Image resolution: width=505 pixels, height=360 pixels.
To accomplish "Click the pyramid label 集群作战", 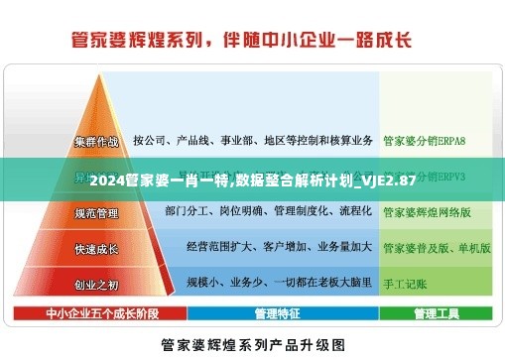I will (x=96, y=141).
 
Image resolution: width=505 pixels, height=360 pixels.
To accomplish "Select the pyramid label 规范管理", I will (x=96, y=212).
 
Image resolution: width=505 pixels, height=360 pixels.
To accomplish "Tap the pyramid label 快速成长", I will (x=96, y=248).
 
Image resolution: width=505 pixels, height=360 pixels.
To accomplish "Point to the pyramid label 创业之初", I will (x=96, y=285).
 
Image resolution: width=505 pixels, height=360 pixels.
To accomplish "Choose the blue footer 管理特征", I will (x=277, y=313).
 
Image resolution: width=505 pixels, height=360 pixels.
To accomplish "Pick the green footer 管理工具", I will (x=436, y=313).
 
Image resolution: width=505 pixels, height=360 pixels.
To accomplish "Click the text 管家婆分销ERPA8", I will (x=424, y=141).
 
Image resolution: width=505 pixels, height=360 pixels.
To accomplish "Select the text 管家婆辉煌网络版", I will (x=427, y=212).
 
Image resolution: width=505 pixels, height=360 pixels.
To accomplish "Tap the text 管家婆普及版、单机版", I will (x=437, y=248).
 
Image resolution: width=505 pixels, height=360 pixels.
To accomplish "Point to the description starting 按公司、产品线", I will (x=252, y=141).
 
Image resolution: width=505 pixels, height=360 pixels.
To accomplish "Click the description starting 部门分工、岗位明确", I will (x=268, y=212).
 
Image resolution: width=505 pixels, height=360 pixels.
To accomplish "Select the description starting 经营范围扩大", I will (x=279, y=248).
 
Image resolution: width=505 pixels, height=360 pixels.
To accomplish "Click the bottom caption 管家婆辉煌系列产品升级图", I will (x=252, y=345).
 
